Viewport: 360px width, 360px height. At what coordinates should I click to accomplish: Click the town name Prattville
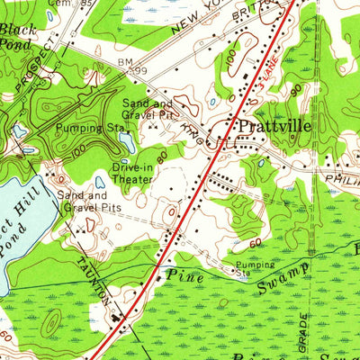pyautogui.click(x=275, y=127)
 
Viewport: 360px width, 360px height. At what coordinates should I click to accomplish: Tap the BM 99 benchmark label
pyautogui.click(x=132, y=65)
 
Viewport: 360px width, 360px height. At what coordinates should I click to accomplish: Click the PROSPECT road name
pyautogui.click(x=36, y=67)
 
